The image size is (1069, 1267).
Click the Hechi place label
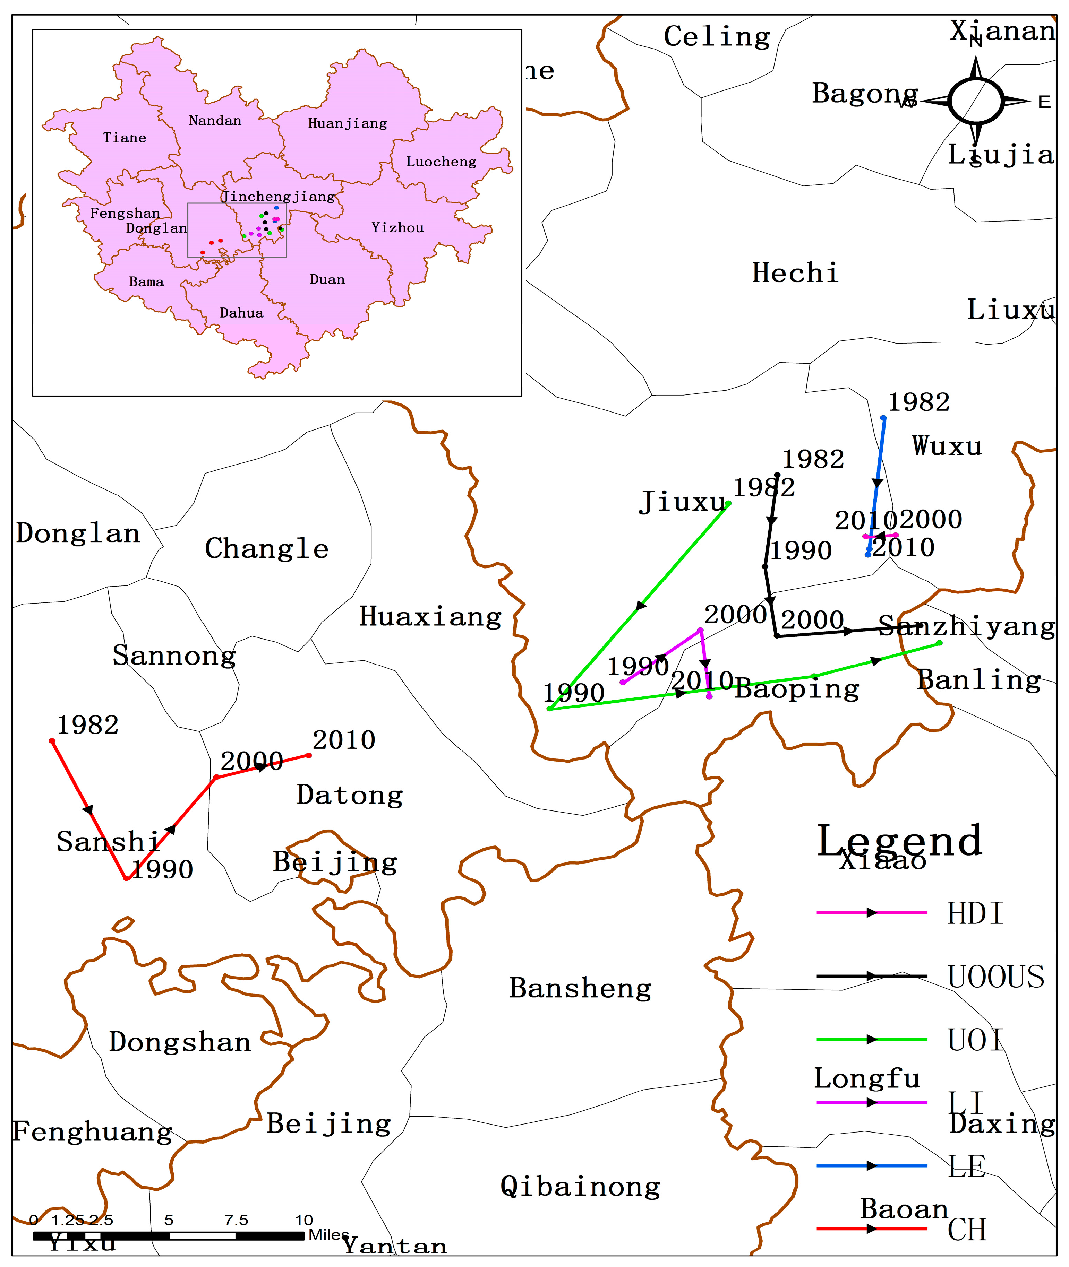click(x=795, y=273)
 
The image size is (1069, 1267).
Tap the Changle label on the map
click(x=267, y=549)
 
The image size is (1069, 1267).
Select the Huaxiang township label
click(x=430, y=617)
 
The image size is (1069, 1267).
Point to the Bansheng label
click(x=580, y=988)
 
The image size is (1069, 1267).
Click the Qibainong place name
click(x=580, y=1187)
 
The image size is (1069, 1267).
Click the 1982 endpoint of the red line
click(x=52, y=741)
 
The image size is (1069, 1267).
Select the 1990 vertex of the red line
click(x=126, y=878)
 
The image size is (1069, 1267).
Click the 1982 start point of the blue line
click(x=883, y=418)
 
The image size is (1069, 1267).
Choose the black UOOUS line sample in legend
click(x=871, y=976)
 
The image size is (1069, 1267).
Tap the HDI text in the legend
click(x=974, y=913)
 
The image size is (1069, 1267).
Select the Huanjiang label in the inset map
click(x=347, y=123)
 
